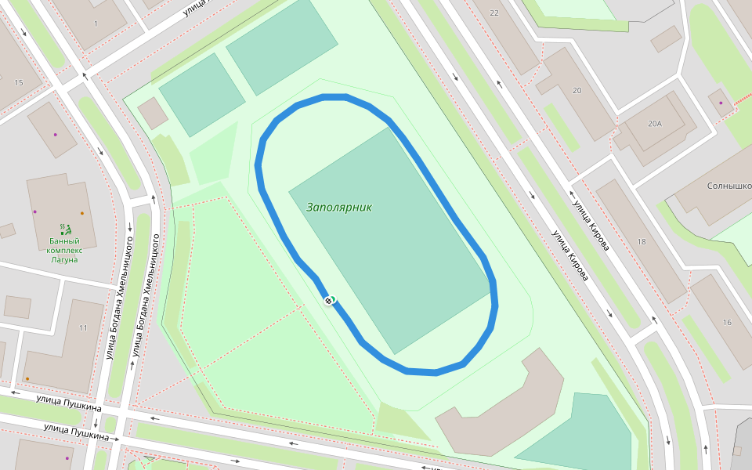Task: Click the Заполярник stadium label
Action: (338, 208)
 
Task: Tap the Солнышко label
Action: (728, 186)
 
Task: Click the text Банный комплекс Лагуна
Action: (64, 250)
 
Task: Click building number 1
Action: (96, 23)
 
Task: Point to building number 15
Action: (19, 82)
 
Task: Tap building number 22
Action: (493, 13)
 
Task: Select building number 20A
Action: (654, 124)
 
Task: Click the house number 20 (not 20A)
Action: (577, 91)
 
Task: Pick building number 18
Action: (642, 242)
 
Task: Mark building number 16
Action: (727, 323)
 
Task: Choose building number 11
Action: (83, 327)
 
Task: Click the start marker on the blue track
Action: (329, 300)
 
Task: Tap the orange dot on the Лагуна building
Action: (82, 213)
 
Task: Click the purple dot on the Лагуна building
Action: (34, 211)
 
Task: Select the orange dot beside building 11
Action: (27, 379)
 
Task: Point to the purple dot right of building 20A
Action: (721, 102)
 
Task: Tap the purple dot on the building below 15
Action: (55, 135)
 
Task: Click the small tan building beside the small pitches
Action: (152, 114)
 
